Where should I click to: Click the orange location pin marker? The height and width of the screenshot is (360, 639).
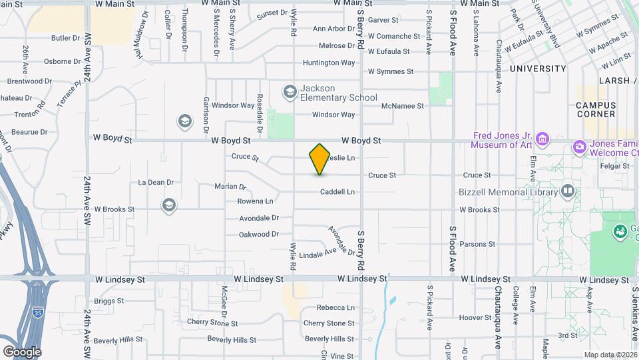319,159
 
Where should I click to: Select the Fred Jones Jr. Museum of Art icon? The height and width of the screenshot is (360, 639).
543,139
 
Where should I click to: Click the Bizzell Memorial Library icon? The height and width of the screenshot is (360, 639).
567,192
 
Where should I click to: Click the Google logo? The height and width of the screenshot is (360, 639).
22,351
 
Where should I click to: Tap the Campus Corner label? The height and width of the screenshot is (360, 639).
596,109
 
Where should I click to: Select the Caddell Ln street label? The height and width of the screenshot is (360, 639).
337,192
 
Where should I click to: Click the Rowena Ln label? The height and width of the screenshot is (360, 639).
256,201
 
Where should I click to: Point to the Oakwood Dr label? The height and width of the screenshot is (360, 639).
259,235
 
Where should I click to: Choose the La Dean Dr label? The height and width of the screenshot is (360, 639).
156,182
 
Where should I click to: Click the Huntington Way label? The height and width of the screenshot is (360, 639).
329,63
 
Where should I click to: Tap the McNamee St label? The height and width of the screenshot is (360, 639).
403,106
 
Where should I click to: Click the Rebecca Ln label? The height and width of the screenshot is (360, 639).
335,308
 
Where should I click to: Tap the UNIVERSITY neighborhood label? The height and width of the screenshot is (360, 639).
538,69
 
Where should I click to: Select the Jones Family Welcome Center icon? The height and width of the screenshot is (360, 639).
579,146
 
